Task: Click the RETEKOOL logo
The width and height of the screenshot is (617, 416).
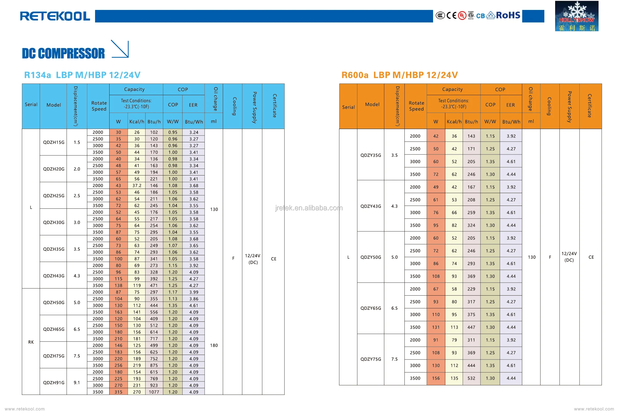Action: click(x=55, y=16)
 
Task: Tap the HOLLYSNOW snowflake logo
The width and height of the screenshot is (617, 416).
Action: click(x=576, y=16)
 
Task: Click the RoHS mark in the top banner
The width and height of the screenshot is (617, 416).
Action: click(x=508, y=15)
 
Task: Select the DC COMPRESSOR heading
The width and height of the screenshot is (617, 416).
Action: click(x=63, y=53)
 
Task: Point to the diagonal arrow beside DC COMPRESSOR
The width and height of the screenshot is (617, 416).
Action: click(x=120, y=49)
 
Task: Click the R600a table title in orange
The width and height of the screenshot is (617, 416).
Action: click(x=399, y=75)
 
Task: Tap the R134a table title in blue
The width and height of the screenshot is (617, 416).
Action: click(x=82, y=75)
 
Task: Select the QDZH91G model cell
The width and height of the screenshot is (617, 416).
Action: click(x=54, y=382)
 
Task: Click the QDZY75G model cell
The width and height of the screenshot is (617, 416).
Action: click(x=371, y=359)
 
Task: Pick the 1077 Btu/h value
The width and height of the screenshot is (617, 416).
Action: click(x=154, y=392)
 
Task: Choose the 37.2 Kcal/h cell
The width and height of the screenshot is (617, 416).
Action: click(x=137, y=186)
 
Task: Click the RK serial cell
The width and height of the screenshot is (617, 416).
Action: click(x=31, y=342)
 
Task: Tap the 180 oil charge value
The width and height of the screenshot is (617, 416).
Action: click(x=214, y=346)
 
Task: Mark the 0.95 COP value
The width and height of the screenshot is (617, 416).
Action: click(x=173, y=132)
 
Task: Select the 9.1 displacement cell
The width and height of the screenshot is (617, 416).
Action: click(x=77, y=382)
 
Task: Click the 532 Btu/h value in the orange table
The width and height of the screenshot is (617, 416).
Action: click(x=471, y=379)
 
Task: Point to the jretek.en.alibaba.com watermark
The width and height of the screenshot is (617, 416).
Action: click(x=309, y=208)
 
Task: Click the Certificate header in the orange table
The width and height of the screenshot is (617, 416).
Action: click(x=590, y=106)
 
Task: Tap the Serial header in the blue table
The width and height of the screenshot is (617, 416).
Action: click(x=31, y=104)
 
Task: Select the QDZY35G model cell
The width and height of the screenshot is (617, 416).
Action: click(x=371, y=155)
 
